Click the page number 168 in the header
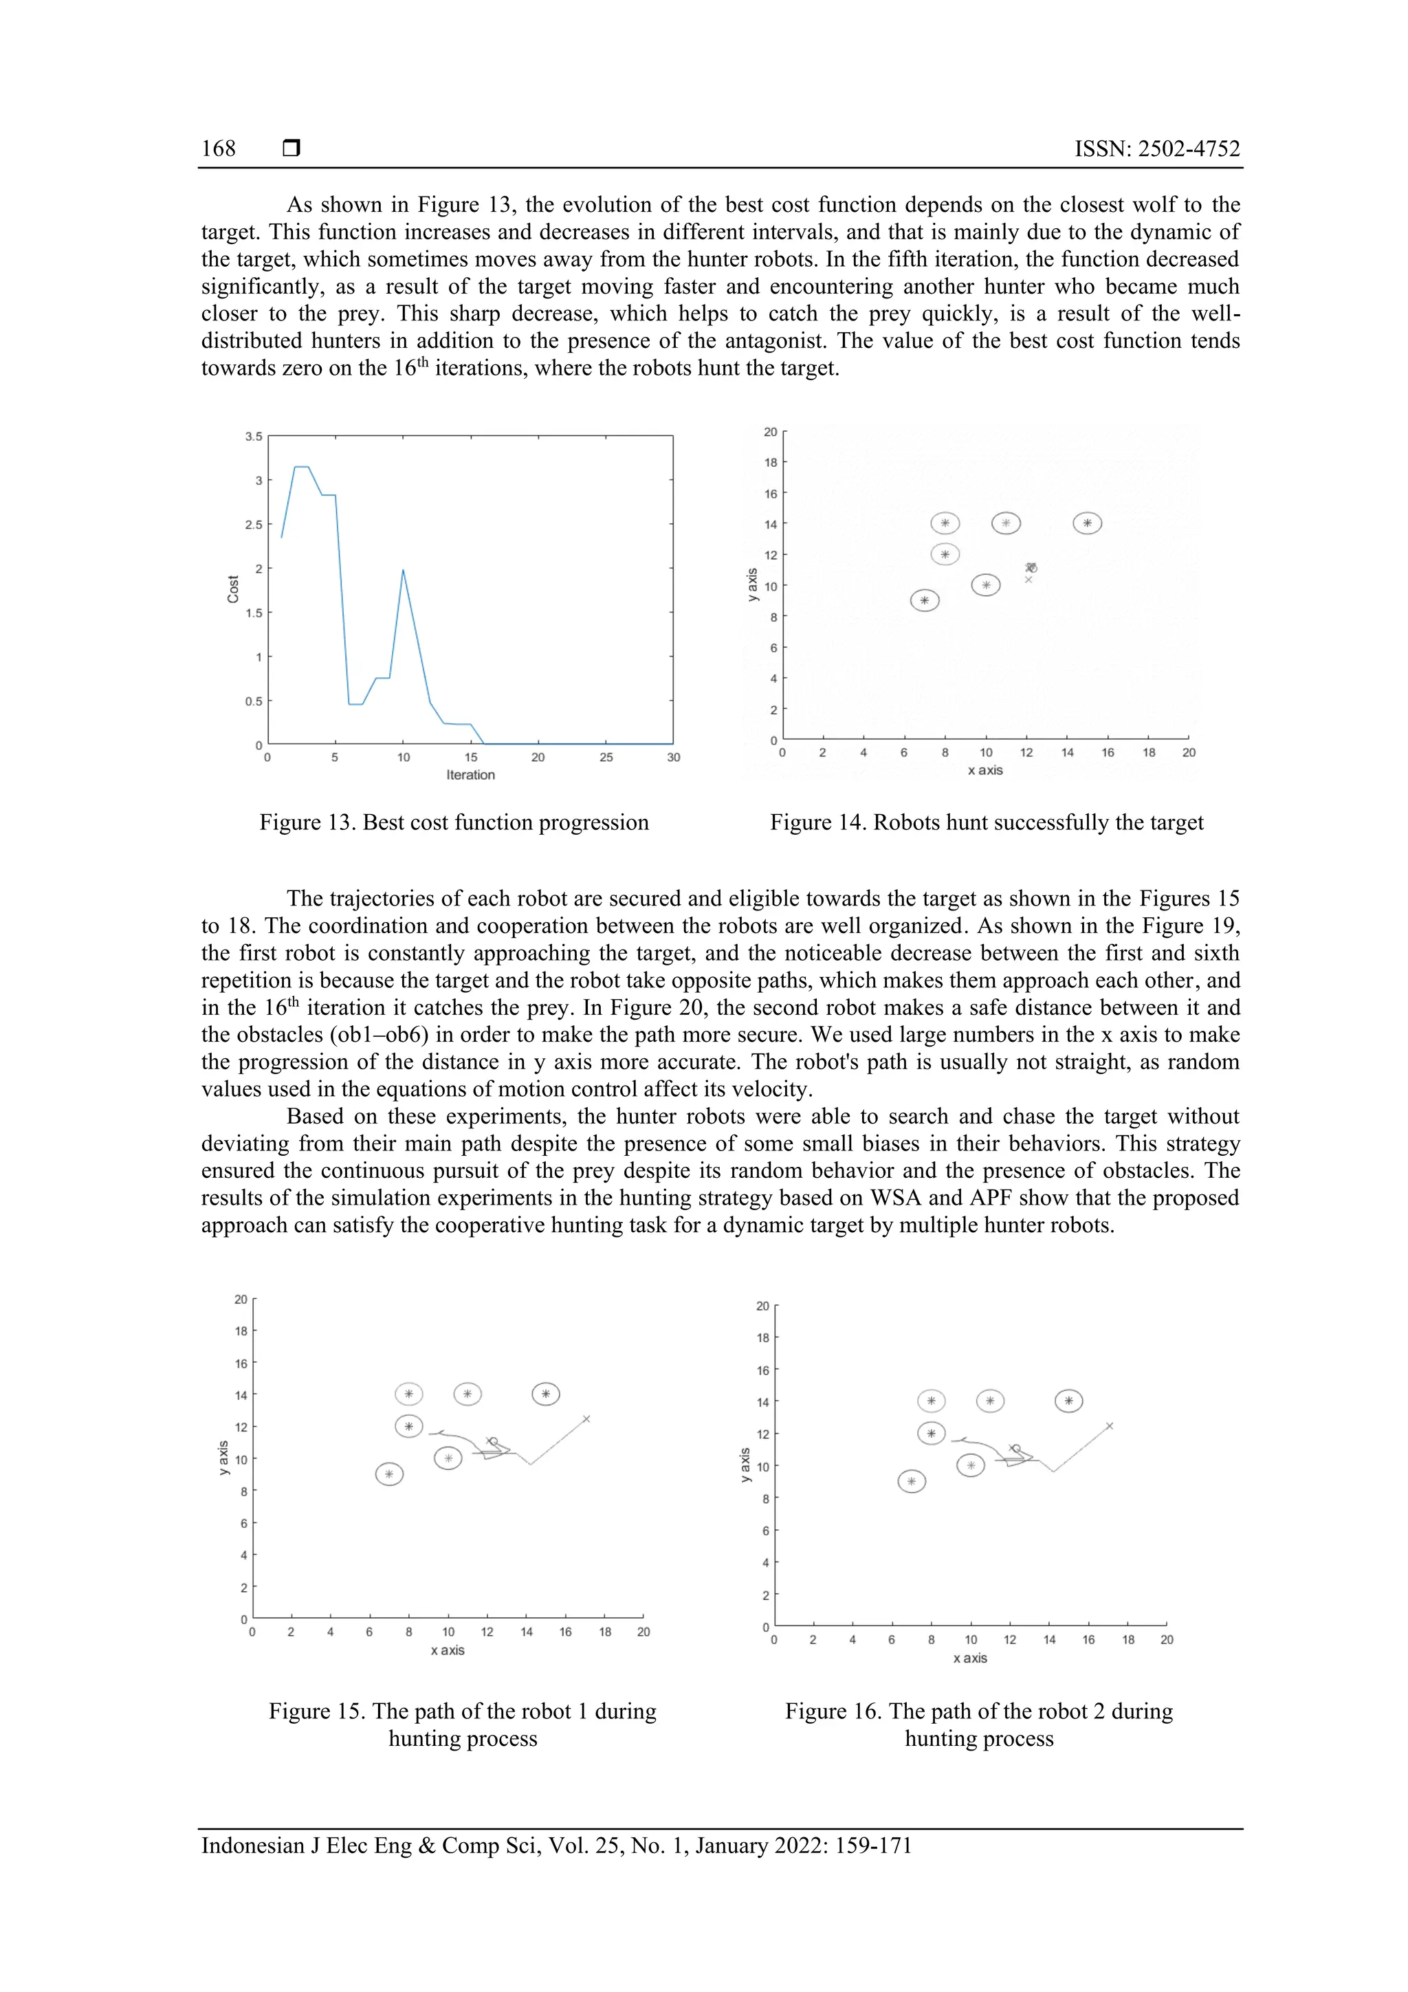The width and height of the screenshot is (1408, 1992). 219,149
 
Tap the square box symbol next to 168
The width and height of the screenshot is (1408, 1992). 291,149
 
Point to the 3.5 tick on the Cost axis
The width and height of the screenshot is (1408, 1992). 253,437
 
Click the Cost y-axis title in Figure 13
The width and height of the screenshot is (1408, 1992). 232,589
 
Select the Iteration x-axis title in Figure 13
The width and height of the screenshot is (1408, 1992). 470,775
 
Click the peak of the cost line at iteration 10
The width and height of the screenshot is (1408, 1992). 404,570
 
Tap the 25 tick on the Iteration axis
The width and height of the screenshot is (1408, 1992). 606,758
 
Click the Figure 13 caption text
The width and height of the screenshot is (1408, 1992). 454,822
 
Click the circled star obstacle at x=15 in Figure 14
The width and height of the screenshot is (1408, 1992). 1087,523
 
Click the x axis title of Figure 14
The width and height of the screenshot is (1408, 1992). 984,770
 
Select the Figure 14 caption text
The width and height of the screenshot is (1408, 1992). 987,822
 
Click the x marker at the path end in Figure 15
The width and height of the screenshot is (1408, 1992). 586,1419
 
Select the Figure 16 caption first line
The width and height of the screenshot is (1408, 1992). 978,1711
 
